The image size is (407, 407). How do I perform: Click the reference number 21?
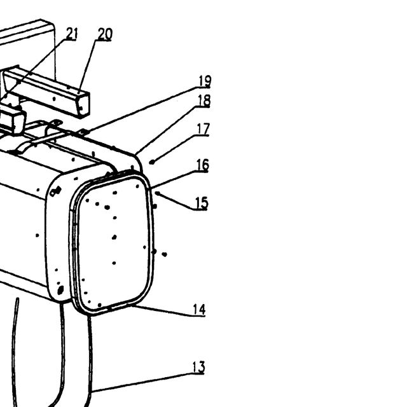point(72,34)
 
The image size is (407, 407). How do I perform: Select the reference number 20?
point(105,34)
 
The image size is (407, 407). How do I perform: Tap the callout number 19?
point(205,81)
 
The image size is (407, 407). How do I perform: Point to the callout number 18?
point(204,100)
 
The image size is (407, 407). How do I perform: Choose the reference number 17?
point(203,129)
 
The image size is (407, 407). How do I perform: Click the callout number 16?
point(202,165)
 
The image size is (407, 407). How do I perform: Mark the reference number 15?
point(202,203)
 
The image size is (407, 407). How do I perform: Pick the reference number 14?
point(199,310)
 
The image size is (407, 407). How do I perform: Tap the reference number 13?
point(198,368)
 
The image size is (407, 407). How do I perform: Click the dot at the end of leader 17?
point(152,162)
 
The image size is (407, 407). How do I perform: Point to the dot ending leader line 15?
point(157,193)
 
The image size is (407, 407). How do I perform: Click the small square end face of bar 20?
point(83,106)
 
